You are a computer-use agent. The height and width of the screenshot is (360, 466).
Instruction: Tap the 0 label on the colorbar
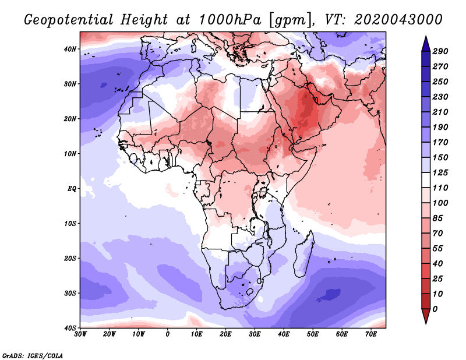tap(436, 309)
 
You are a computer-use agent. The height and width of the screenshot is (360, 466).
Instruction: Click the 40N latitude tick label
tap(70, 49)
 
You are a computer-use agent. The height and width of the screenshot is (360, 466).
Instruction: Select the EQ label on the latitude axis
tap(72, 189)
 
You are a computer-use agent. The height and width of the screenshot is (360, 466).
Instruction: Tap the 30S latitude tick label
tap(70, 293)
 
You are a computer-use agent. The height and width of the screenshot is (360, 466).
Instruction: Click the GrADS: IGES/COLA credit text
tap(33, 355)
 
